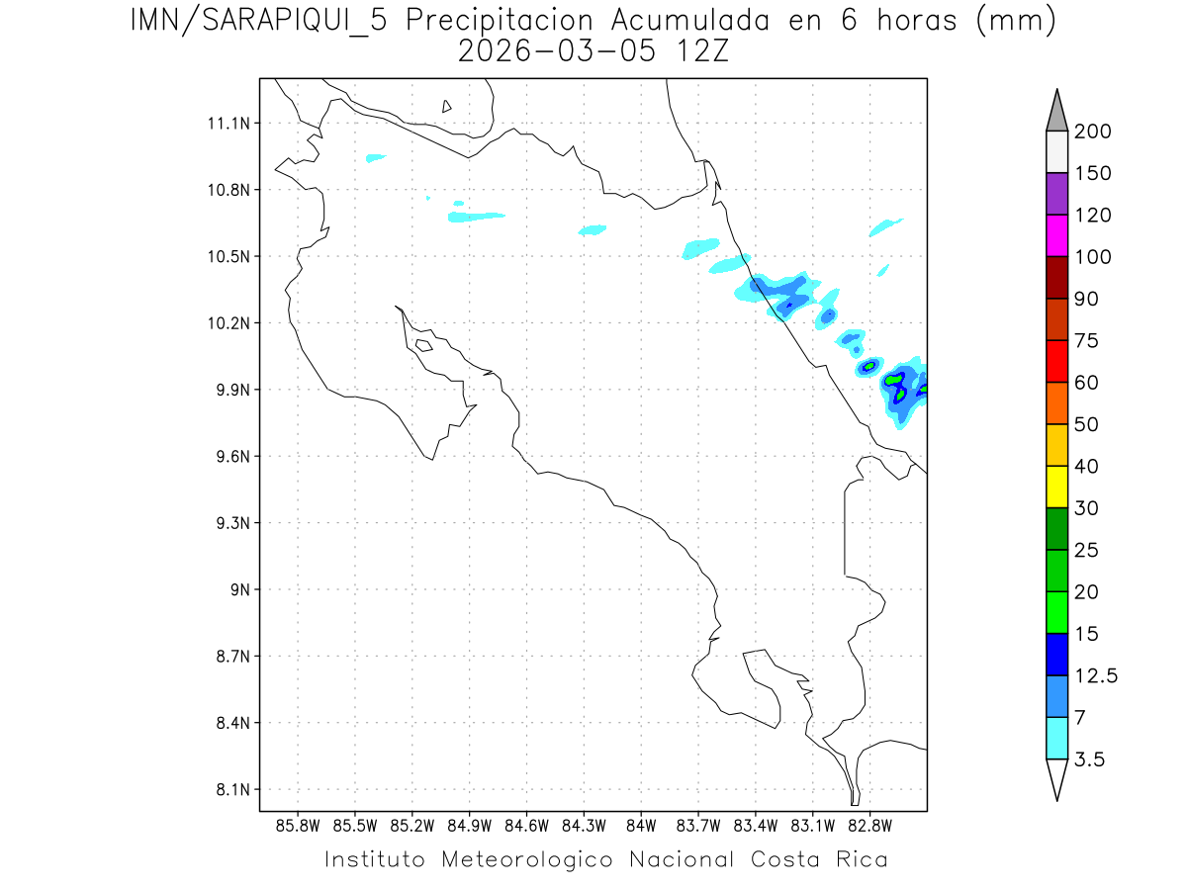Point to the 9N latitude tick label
click(x=235, y=589)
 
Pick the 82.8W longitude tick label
click(x=869, y=825)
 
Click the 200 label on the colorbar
click(x=1093, y=132)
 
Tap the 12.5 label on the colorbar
click(x=1096, y=675)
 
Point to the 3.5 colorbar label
click(x=1090, y=759)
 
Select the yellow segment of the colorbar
click(x=1056, y=487)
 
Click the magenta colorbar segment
click(x=1056, y=235)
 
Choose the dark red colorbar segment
click(x=1056, y=278)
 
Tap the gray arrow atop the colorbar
click(x=1056, y=112)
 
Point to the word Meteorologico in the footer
click(x=534, y=859)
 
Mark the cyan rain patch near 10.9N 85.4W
click(x=375, y=157)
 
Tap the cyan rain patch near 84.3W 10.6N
click(x=592, y=230)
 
